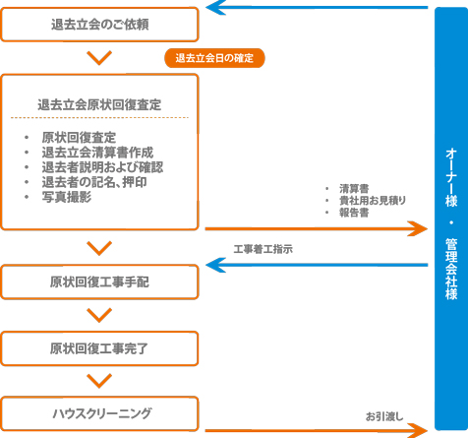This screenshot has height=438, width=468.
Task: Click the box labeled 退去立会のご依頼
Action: (99, 25)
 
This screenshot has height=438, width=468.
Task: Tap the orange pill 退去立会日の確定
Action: (214, 58)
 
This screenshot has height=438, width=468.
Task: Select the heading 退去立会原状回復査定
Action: (99, 105)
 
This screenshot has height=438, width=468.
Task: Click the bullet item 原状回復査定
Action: (79, 138)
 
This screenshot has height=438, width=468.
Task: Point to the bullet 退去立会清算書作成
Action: (97, 153)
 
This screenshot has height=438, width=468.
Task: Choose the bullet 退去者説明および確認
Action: (102, 167)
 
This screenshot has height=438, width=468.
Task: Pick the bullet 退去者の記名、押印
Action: (94, 182)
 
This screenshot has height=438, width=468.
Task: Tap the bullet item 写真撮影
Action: (67, 197)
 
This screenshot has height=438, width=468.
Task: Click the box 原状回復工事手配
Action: (99, 282)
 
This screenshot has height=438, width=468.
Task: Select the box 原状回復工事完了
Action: (99, 348)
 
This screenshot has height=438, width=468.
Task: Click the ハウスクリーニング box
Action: (99, 413)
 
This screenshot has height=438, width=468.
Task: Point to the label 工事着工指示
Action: (263, 249)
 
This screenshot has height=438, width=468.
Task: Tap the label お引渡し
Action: (384, 416)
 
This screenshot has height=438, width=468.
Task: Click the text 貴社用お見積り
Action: (373, 200)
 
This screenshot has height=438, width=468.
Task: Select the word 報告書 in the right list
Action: (354, 213)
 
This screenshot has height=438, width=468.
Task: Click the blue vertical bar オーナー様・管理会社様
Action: (451, 219)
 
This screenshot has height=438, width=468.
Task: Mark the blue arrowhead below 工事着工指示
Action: (215, 265)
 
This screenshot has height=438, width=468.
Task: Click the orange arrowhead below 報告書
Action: (418, 228)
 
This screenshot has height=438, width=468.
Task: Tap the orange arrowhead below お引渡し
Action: (418, 430)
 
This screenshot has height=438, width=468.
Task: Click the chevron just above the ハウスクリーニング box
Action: (99, 381)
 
